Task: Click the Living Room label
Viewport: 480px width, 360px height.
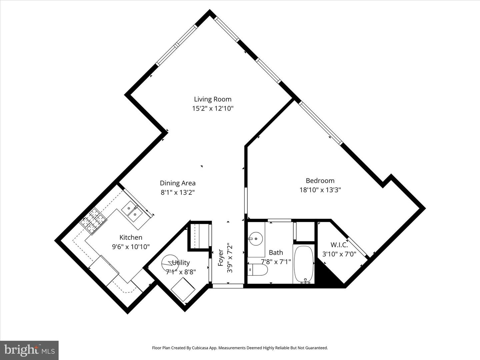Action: (213, 99)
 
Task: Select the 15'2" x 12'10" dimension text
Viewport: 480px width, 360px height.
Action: (213, 108)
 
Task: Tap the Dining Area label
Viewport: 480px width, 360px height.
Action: (178, 183)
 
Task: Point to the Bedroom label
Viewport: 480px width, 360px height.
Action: (320, 181)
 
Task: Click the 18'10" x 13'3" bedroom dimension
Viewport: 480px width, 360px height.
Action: (320, 190)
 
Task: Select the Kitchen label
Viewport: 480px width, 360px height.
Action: (131, 237)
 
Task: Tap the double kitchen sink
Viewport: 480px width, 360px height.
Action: (132, 211)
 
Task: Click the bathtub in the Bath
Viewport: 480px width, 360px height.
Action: (303, 264)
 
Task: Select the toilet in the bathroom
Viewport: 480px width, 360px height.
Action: (259, 270)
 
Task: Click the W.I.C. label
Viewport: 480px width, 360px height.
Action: (339, 245)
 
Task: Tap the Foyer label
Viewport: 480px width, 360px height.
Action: (220, 257)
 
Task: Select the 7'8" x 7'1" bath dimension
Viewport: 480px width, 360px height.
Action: (276, 262)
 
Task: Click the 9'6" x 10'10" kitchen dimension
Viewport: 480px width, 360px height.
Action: (131, 247)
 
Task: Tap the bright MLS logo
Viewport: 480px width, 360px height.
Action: (29, 350)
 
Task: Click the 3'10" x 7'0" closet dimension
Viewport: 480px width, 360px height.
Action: (339, 254)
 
